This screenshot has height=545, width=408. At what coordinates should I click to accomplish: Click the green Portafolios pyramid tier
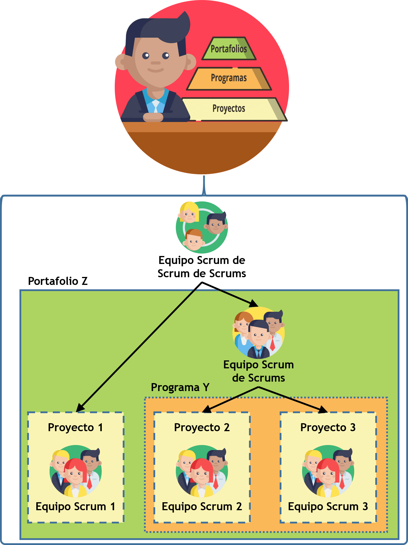pos(229,49)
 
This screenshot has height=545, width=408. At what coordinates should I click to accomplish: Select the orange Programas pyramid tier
pos(229,78)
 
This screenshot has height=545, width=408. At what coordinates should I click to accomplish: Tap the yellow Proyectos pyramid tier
pos(229,109)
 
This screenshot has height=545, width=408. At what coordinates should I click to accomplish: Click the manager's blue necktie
pos(155,106)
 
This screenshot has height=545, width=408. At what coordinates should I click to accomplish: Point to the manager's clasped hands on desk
pos(153,117)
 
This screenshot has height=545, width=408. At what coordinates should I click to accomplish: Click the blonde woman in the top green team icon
pos(189,212)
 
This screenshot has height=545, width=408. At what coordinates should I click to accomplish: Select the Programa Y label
pos(180,387)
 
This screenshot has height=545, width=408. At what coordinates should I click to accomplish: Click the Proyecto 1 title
pos(76,427)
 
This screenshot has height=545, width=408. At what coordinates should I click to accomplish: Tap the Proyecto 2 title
pos(202,427)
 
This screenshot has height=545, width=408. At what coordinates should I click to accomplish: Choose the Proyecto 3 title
pos(328,427)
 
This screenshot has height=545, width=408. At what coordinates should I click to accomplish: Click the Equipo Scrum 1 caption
pos(76,506)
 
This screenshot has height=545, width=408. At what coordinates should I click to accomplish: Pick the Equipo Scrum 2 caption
pos(202,506)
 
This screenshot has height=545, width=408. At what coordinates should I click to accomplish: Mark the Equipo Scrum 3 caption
pos(328,506)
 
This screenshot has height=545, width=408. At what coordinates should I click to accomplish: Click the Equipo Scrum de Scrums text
pos(258,371)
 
